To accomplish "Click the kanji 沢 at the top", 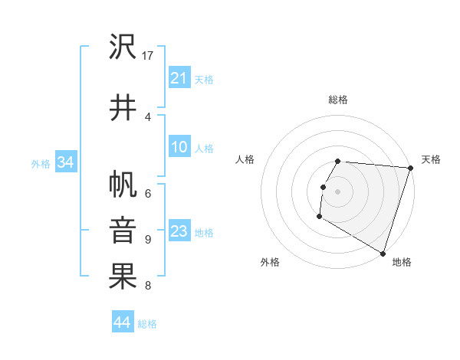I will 123,47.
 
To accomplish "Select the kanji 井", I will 123,106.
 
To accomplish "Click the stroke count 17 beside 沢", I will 148,56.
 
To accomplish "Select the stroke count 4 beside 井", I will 147,116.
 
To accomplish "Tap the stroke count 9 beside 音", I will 147,239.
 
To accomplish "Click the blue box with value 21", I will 179,78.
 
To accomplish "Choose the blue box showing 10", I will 179,147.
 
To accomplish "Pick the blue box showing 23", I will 179,231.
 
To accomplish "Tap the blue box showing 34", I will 65,162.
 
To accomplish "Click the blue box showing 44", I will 122,323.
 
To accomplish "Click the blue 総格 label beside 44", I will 147,324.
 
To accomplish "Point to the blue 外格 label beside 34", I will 41,163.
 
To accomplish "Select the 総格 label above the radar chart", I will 337,100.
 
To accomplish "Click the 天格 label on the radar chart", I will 431,159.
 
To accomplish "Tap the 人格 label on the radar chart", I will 245,159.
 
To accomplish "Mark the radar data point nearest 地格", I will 382,252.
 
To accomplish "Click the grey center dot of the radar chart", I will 337,191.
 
